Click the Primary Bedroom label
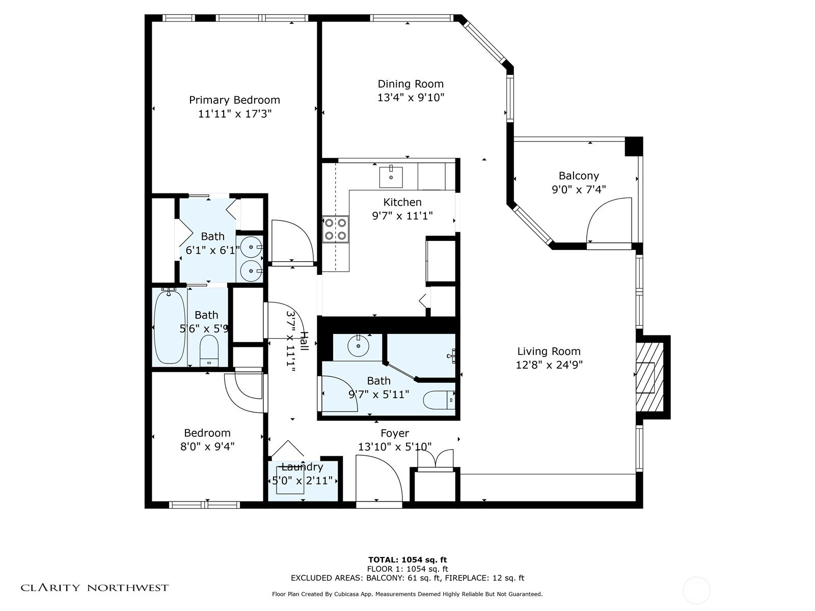click(x=234, y=100)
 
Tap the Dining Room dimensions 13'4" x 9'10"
click(x=411, y=98)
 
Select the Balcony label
click(x=579, y=176)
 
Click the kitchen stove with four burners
click(x=335, y=229)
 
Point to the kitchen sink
click(x=391, y=177)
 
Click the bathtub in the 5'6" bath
click(x=169, y=326)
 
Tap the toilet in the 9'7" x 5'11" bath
click(x=439, y=400)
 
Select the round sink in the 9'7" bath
click(x=358, y=346)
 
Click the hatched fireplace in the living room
click(x=649, y=377)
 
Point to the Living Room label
click(x=549, y=351)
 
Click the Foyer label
click(x=395, y=433)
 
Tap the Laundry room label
click(x=302, y=467)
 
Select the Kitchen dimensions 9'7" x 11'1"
click(x=402, y=216)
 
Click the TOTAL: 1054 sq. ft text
click(x=407, y=560)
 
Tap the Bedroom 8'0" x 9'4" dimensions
click(x=207, y=447)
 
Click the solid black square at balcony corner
click(x=634, y=147)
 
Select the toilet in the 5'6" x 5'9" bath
click(x=209, y=351)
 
